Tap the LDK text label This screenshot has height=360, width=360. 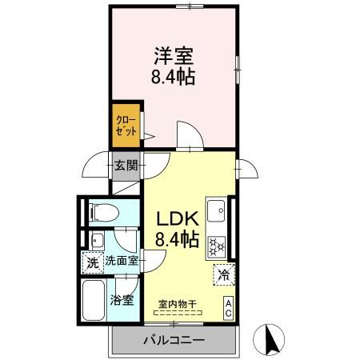click(177, 218)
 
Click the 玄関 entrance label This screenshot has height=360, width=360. click(125, 166)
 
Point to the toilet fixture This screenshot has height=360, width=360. click(103, 212)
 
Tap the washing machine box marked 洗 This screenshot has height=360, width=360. click(93, 261)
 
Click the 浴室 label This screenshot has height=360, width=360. click(123, 302)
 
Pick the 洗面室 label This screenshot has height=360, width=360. click(122, 261)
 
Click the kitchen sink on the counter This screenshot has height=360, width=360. click(215, 213)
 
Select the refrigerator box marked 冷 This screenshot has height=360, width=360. click(223, 274)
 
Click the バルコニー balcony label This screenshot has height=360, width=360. click(174, 340)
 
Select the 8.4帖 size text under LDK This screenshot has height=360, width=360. click(177, 238)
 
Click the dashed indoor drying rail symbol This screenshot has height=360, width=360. click(178, 313)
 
